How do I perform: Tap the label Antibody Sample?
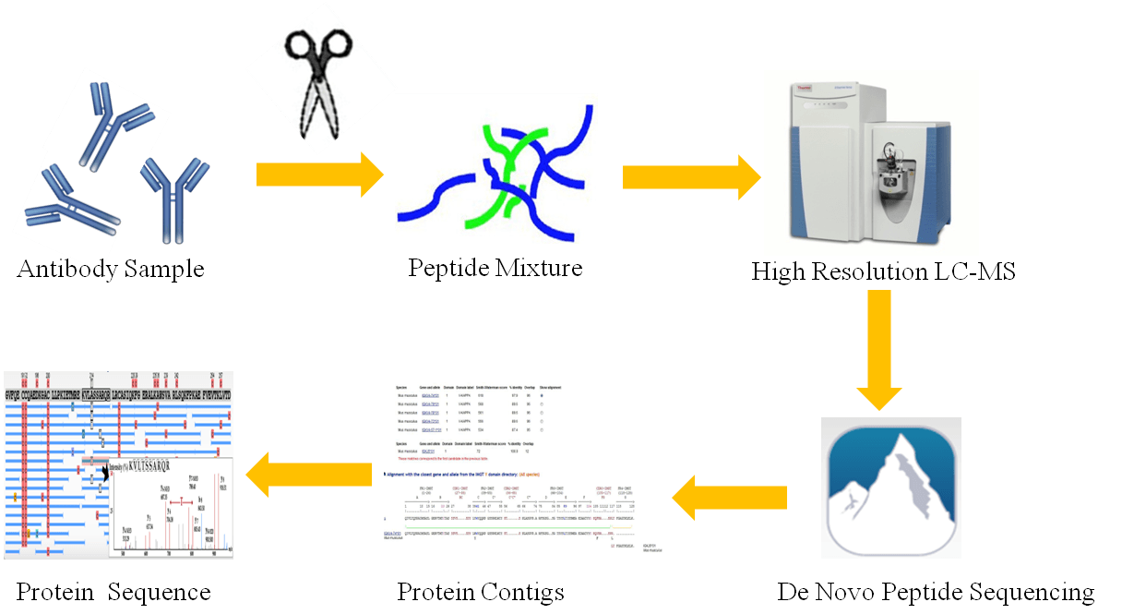coord(110,270)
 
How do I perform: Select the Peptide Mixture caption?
coord(495,268)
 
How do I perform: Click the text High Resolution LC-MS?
coord(883,271)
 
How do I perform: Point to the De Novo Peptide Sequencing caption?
coord(936,591)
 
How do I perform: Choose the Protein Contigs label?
coord(481,591)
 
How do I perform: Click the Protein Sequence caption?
coord(114,591)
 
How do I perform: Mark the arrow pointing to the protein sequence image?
coord(308,472)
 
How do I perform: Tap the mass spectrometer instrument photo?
coord(871,162)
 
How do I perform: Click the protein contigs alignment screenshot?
coord(527,470)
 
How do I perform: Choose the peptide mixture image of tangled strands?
coord(496,168)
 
